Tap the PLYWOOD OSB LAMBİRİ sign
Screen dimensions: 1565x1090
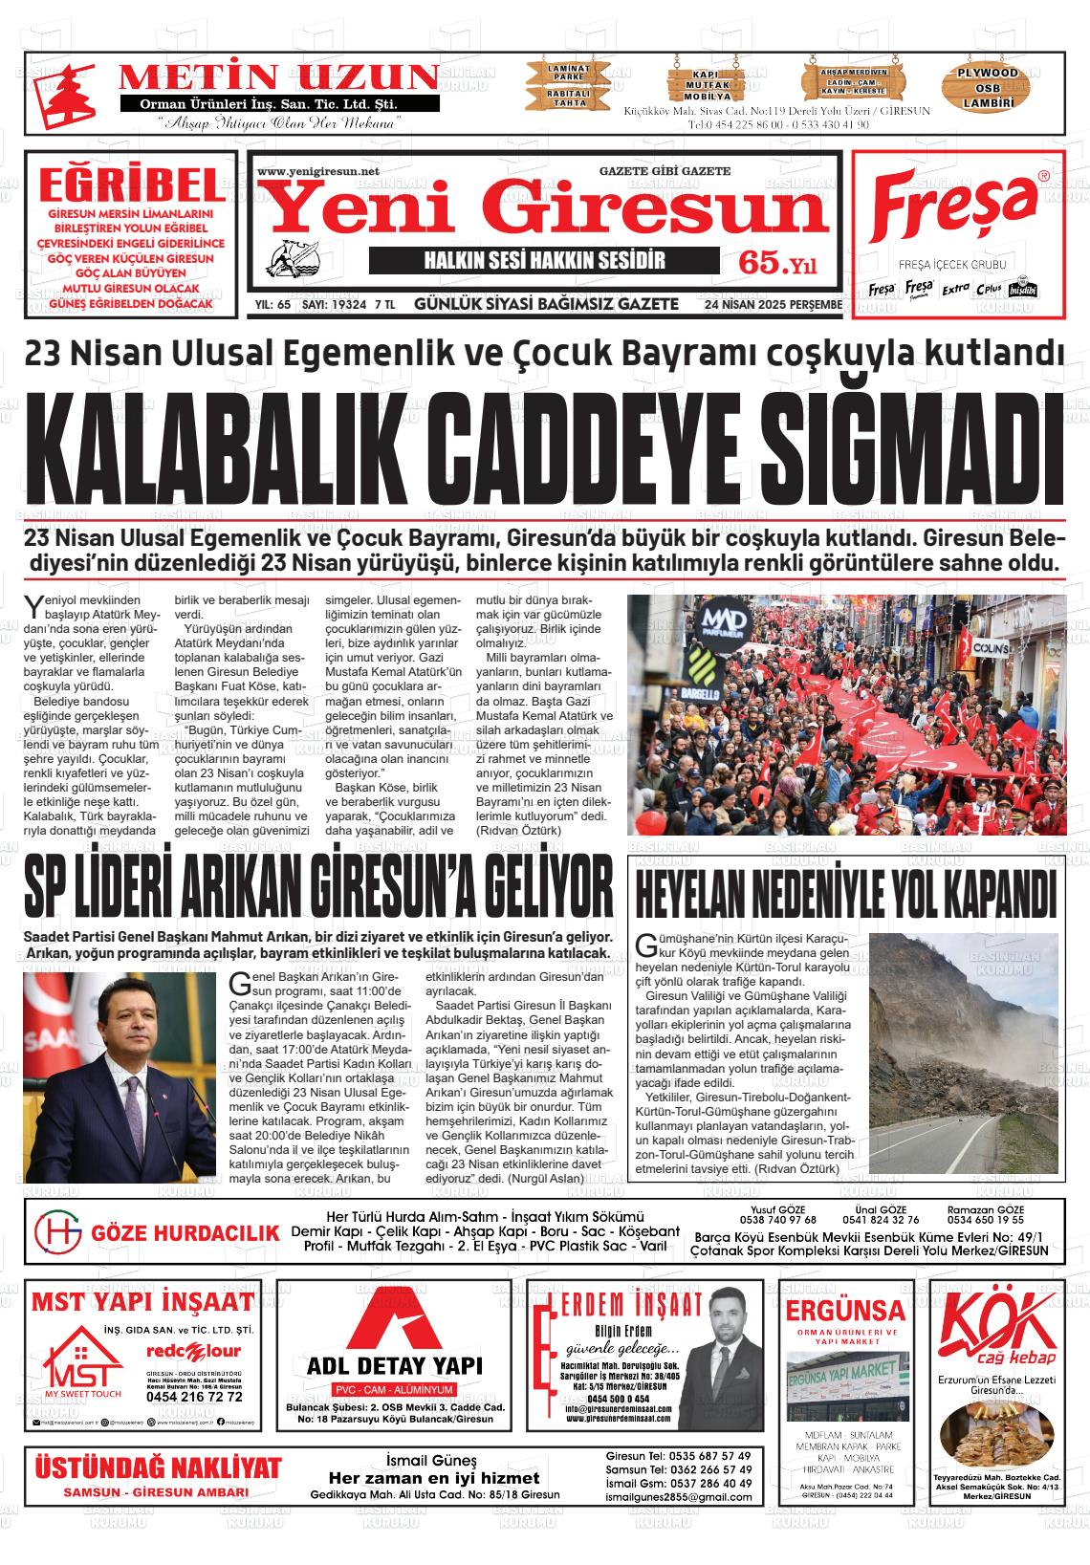[x=989, y=86]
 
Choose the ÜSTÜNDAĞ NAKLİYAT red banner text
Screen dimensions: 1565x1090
[x=158, y=1468]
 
